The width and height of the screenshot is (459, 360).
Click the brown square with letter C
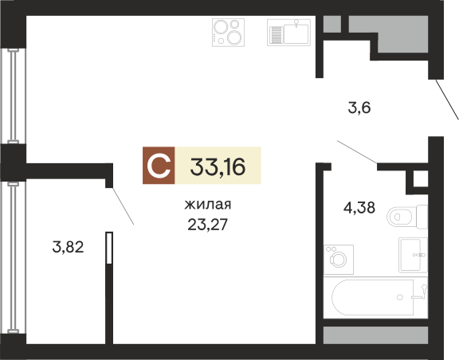[x=159, y=166]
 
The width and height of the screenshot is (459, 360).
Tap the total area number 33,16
[x=218, y=166]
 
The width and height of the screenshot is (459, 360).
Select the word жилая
[x=208, y=205]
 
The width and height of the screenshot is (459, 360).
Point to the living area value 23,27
[x=207, y=225]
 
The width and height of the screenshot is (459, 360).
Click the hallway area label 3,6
[x=359, y=108]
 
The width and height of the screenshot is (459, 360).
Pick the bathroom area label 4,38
[x=359, y=208]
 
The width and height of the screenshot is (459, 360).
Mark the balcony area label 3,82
[x=68, y=247]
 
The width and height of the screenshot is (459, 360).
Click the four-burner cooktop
[x=229, y=33]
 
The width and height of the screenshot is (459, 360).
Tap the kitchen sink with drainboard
[x=288, y=33]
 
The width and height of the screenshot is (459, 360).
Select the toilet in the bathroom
[x=407, y=217]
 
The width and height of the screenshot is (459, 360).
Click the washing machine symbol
[x=339, y=260]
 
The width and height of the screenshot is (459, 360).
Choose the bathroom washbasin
[x=413, y=255]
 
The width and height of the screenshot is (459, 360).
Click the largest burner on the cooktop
[x=234, y=37]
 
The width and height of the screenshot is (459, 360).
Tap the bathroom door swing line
[x=357, y=151]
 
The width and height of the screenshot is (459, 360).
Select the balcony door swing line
[x=124, y=206]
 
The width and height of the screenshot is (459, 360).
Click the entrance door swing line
[x=447, y=100]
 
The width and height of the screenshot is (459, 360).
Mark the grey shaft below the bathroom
[x=375, y=335]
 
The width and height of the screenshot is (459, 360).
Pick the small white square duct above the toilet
[x=421, y=179]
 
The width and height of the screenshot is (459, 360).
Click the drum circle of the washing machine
[x=338, y=260]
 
